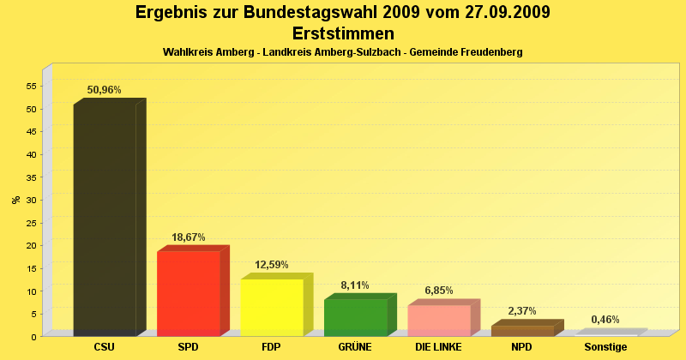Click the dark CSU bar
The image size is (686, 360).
105,219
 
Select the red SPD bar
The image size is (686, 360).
189,291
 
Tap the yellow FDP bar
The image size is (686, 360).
272,306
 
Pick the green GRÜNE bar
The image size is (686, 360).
355,316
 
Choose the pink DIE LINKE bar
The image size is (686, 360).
439,319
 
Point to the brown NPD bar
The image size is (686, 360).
522,330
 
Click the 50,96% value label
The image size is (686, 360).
105,90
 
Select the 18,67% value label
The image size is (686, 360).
189,237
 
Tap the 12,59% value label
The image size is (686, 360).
272,265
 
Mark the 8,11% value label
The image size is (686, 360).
355,285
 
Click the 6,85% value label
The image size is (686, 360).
439,291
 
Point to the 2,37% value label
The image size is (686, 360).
522,311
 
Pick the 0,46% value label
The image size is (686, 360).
605,320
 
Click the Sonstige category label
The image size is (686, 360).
605,347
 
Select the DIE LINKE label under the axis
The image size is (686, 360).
438,347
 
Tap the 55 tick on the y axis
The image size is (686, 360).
31,87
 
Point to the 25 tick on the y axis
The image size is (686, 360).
31,223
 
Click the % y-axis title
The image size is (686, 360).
15,200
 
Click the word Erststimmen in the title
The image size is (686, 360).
343,33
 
